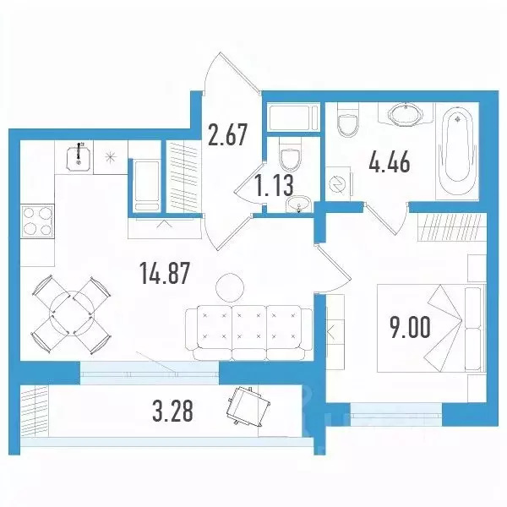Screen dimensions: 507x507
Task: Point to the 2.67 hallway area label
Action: click(x=228, y=134)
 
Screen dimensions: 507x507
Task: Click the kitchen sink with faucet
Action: click(x=78, y=155)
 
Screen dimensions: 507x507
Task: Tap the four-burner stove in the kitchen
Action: click(x=35, y=223)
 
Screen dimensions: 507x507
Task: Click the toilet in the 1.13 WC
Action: click(x=291, y=158)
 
